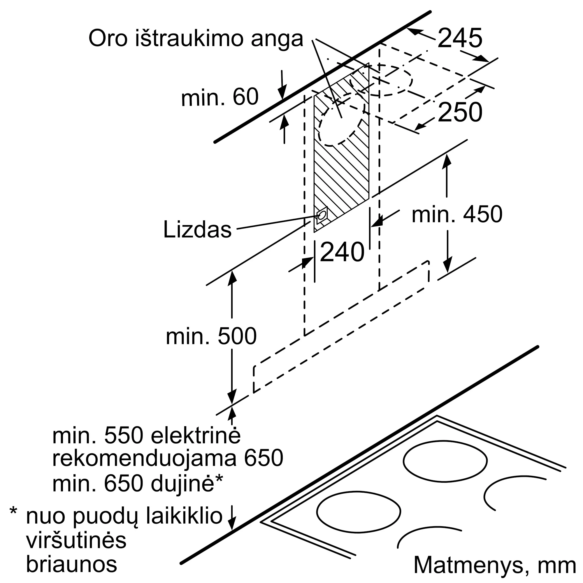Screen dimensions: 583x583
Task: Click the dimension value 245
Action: point(460,38)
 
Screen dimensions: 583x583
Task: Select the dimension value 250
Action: point(460,112)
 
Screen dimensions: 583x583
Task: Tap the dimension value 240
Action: point(342,252)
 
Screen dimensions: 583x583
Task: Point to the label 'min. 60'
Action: point(220,97)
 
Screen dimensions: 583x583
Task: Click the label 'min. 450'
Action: point(457,214)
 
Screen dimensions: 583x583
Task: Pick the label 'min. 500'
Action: point(211,336)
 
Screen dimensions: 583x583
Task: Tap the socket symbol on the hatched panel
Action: point(322,215)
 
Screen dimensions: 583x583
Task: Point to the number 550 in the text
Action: point(123,436)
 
